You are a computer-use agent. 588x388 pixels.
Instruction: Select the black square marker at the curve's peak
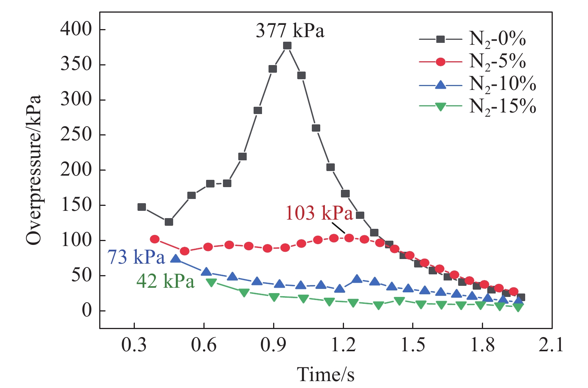tap(287, 46)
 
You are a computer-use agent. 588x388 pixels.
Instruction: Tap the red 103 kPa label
tap(319, 213)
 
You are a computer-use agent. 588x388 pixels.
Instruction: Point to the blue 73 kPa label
tap(136, 258)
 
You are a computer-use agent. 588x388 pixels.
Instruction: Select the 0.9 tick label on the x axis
tap(274, 345)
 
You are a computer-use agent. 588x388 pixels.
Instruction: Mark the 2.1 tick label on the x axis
tap(552, 345)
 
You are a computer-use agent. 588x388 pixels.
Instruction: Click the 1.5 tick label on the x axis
tap(413, 345)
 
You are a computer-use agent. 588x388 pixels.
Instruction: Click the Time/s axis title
tap(326, 374)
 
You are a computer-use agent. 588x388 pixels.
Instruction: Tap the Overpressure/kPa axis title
tap(34, 170)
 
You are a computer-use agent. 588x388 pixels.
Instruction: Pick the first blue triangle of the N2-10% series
tap(175, 259)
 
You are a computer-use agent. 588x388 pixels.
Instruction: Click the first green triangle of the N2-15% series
tap(211, 282)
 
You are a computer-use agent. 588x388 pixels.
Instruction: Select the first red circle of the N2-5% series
tap(155, 239)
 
